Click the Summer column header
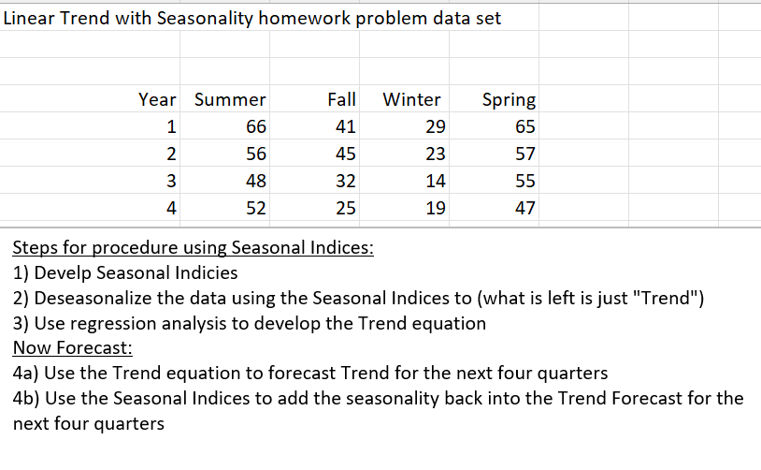(x=230, y=99)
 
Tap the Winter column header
(x=412, y=99)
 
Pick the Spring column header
(x=509, y=99)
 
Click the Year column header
(x=157, y=99)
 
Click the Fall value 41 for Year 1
(x=344, y=126)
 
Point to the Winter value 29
(x=435, y=126)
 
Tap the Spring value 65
(x=525, y=126)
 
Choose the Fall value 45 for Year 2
(x=344, y=154)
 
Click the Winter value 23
(x=435, y=154)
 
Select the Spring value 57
(x=525, y=154)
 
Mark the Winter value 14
(x=435, y=181)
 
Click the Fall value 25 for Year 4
(x=344, y=208)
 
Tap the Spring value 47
(x=525, y=208)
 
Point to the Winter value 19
(x=435, y=208)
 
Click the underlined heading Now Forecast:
(x=73, y=348)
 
